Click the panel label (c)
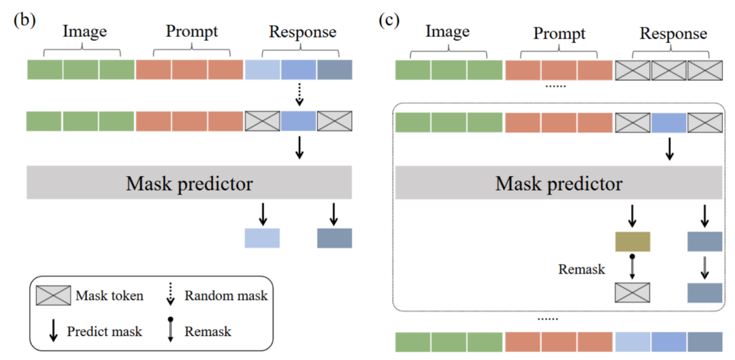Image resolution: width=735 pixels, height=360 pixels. [x=389, y=20]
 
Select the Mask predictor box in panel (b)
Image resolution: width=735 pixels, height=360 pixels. [x=189, y=184]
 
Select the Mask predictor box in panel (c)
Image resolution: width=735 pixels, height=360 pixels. [x=558, y=184]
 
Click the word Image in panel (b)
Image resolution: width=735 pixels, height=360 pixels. [x=84, y=31]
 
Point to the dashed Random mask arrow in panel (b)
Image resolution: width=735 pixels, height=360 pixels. [x=299, y=95]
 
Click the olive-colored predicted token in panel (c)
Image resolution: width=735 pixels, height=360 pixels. [x=632, y=242]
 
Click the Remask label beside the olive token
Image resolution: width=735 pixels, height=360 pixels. [x=582, y=269]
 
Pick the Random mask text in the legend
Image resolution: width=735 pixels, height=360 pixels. [x=226, y=296]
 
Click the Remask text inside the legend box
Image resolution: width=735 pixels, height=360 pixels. [x=208, y=331]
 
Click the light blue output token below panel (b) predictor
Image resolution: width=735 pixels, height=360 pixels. [x=262, y=238]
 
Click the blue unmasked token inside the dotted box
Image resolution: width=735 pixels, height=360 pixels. [x=669, y=122]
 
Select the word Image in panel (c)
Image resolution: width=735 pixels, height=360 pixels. [x=447, y=32]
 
